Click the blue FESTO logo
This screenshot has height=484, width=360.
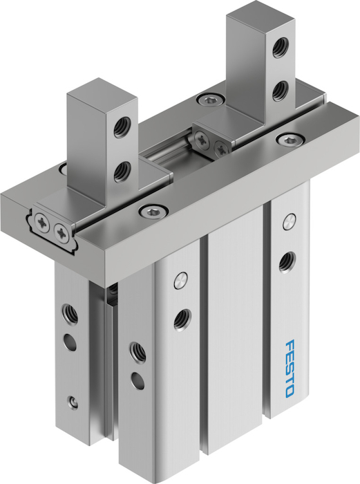coord(290,369)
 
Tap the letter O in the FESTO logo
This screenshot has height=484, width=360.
coord(290,391)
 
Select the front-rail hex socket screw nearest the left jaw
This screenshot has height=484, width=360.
coord(152,212)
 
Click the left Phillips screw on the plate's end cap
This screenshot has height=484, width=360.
coord(42,221)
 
